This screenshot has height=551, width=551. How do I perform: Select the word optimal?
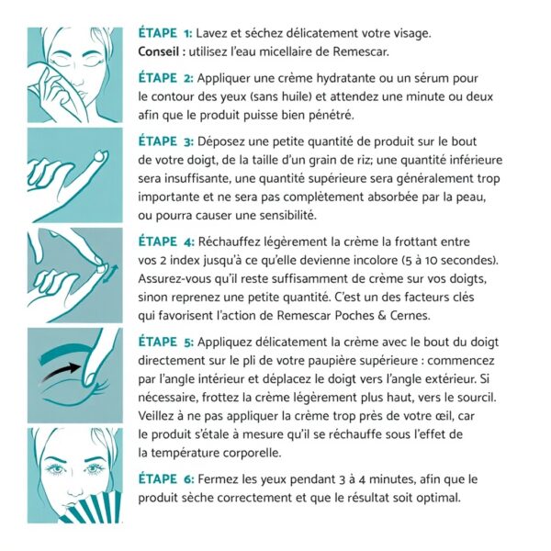pyautogui.click(x=434, y=498)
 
